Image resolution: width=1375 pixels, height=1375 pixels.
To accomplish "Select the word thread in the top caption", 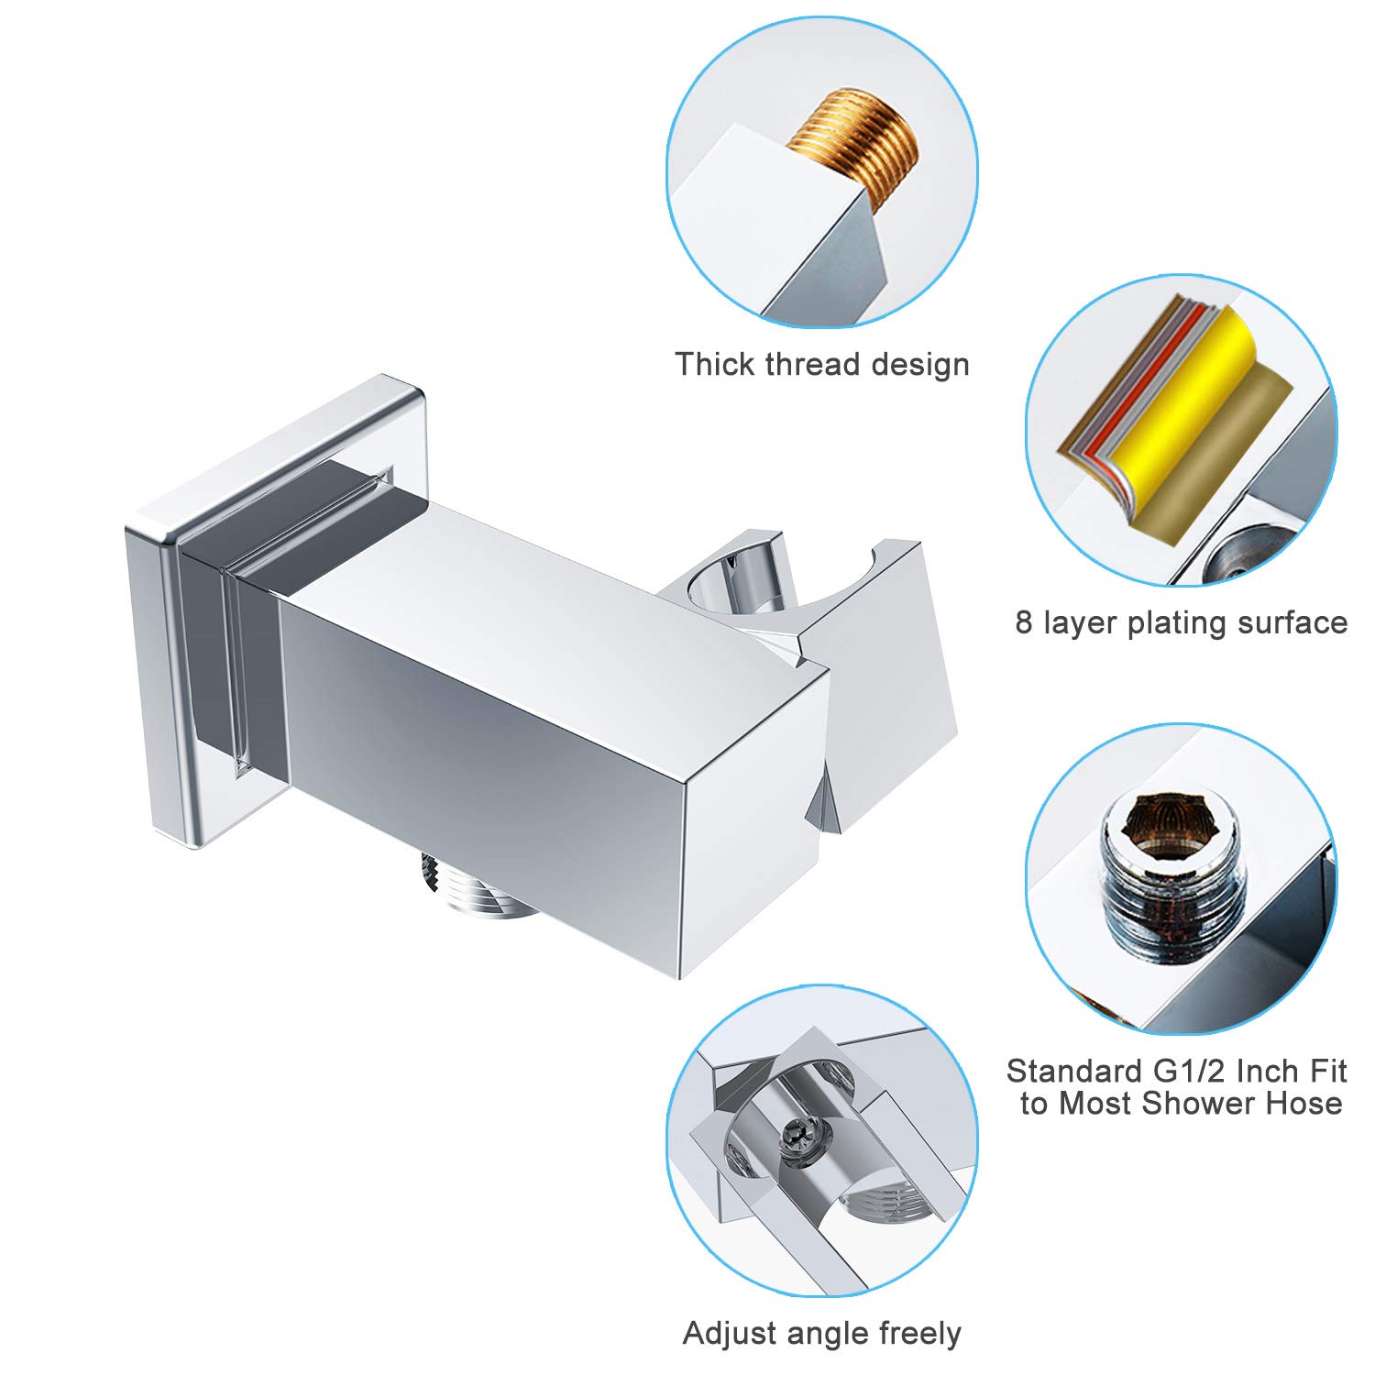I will [813, 365].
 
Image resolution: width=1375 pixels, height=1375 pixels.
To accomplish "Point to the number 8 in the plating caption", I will [1024, 623].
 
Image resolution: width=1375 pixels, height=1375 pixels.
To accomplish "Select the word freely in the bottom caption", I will [919, 1333].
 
